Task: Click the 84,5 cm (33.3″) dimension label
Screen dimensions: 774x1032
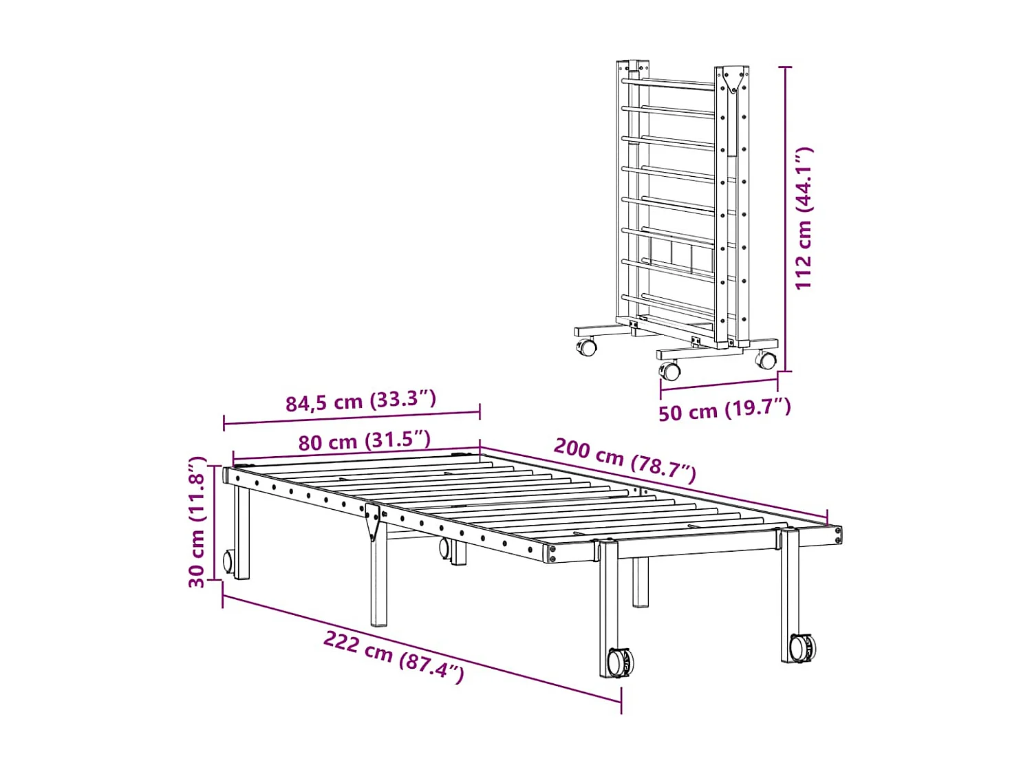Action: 361,400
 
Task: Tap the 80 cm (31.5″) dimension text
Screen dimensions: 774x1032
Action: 364,440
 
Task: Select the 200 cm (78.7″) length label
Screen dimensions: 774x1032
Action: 625,459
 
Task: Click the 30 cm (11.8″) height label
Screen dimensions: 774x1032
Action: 197,522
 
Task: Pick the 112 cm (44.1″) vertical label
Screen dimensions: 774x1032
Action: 804,218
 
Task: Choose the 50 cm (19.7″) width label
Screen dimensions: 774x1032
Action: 724,410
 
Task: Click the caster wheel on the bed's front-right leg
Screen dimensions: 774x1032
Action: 802,647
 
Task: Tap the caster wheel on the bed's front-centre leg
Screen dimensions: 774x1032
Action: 619,663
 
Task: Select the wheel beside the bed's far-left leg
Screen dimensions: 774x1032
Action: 228,561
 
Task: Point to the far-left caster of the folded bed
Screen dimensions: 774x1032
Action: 587,347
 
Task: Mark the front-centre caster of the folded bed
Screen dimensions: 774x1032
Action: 669,372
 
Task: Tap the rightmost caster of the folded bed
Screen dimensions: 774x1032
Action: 766,358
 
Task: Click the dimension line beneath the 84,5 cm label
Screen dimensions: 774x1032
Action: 352,418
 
